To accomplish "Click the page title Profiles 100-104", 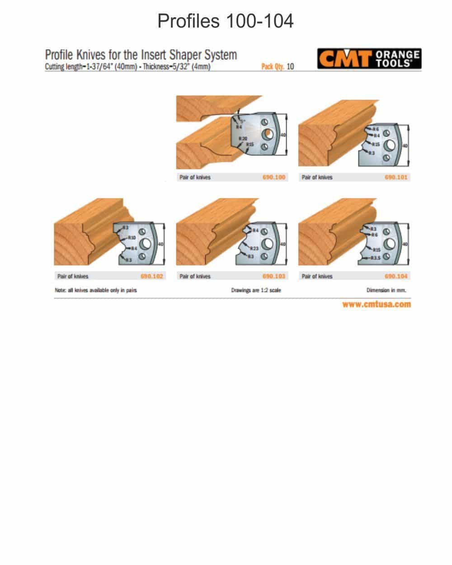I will (x=226, y=21).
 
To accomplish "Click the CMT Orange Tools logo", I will (x=369, y=59).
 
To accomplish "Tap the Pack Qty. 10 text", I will (x=278, y=66).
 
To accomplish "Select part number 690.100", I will (x=274, y=177).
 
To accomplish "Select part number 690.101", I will (x=396, y=177).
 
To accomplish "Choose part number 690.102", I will (x=152, y=276).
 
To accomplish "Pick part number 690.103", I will (x=274, y=276).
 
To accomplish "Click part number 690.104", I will (x=396, y=276).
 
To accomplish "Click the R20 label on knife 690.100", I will (x=243, y=138).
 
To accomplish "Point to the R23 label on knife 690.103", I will (x=254, y=249).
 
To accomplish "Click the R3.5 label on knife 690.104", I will (x=376, y=258).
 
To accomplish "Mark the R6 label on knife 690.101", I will (x=376, y=129).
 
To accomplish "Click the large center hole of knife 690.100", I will (x=268, y=134).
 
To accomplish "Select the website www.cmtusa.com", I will (x=377, y=304).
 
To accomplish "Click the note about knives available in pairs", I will (x=95, y=290).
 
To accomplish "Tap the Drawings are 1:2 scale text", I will (x=256, y=290).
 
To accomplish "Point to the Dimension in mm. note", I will (x=386, y=290).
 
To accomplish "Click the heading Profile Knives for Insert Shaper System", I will (x=141, y=55).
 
